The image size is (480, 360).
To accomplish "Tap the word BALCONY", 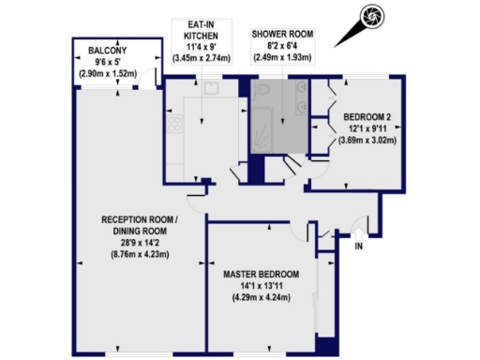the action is tap(109, 51).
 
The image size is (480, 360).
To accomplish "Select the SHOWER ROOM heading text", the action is tap(281, 33).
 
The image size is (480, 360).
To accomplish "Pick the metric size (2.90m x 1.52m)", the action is tap(109, 72).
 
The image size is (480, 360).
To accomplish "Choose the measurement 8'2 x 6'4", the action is tap(281, 45).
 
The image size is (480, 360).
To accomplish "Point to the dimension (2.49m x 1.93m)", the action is tap(281, 56).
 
